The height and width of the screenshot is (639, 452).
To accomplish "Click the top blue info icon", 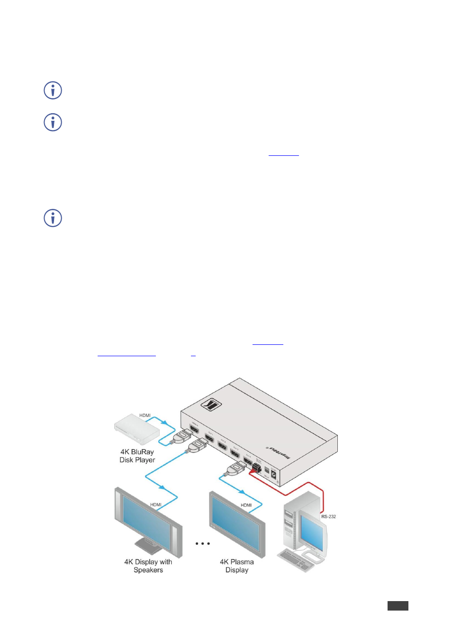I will (53, 90).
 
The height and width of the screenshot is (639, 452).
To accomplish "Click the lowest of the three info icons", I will (53, 218).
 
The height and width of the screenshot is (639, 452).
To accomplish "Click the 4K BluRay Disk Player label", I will (137, 456).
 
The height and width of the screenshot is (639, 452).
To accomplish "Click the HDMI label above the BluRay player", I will (145, 415).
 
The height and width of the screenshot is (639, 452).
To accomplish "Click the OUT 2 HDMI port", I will (222, 445).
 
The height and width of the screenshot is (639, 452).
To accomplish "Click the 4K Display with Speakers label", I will (148, 566).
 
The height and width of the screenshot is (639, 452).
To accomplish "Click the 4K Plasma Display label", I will (236, 566).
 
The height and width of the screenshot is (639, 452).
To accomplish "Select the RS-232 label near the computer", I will (328, 516).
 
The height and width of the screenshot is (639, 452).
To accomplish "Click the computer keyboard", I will (296, 560).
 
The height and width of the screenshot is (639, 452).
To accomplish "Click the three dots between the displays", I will (202, 543).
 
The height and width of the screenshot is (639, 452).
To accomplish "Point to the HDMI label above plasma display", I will (246, 505).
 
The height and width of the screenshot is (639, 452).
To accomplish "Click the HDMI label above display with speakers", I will (155, 504).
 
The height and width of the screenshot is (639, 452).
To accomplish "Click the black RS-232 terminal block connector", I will (257, 469).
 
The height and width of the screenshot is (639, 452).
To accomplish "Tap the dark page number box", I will (398, 605).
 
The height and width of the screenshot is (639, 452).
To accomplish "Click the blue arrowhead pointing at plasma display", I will (242, 492).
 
